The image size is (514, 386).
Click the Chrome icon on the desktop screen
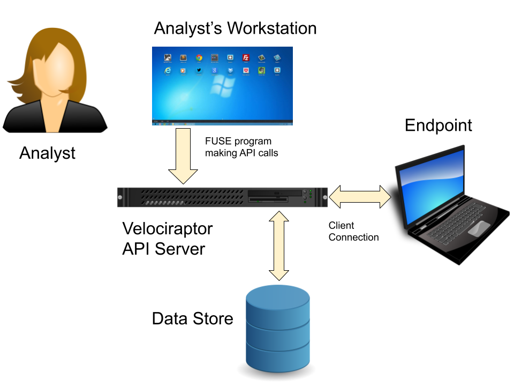pos(199,57)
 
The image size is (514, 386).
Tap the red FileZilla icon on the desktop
pos(246,57)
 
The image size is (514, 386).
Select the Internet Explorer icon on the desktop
pos(168,70)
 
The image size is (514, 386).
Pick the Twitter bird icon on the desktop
pos(199,70)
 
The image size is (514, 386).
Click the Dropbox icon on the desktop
pos(230,70)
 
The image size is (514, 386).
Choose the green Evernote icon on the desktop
pos(261,70)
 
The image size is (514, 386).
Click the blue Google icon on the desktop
pos(214,70)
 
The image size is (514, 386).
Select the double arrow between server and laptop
pos(360,197)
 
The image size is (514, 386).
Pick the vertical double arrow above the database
pos(278,246)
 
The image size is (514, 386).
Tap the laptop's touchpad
pos(478,228)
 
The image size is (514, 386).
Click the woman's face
pos(53,70)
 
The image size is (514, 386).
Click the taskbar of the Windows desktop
pos(222,123)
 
